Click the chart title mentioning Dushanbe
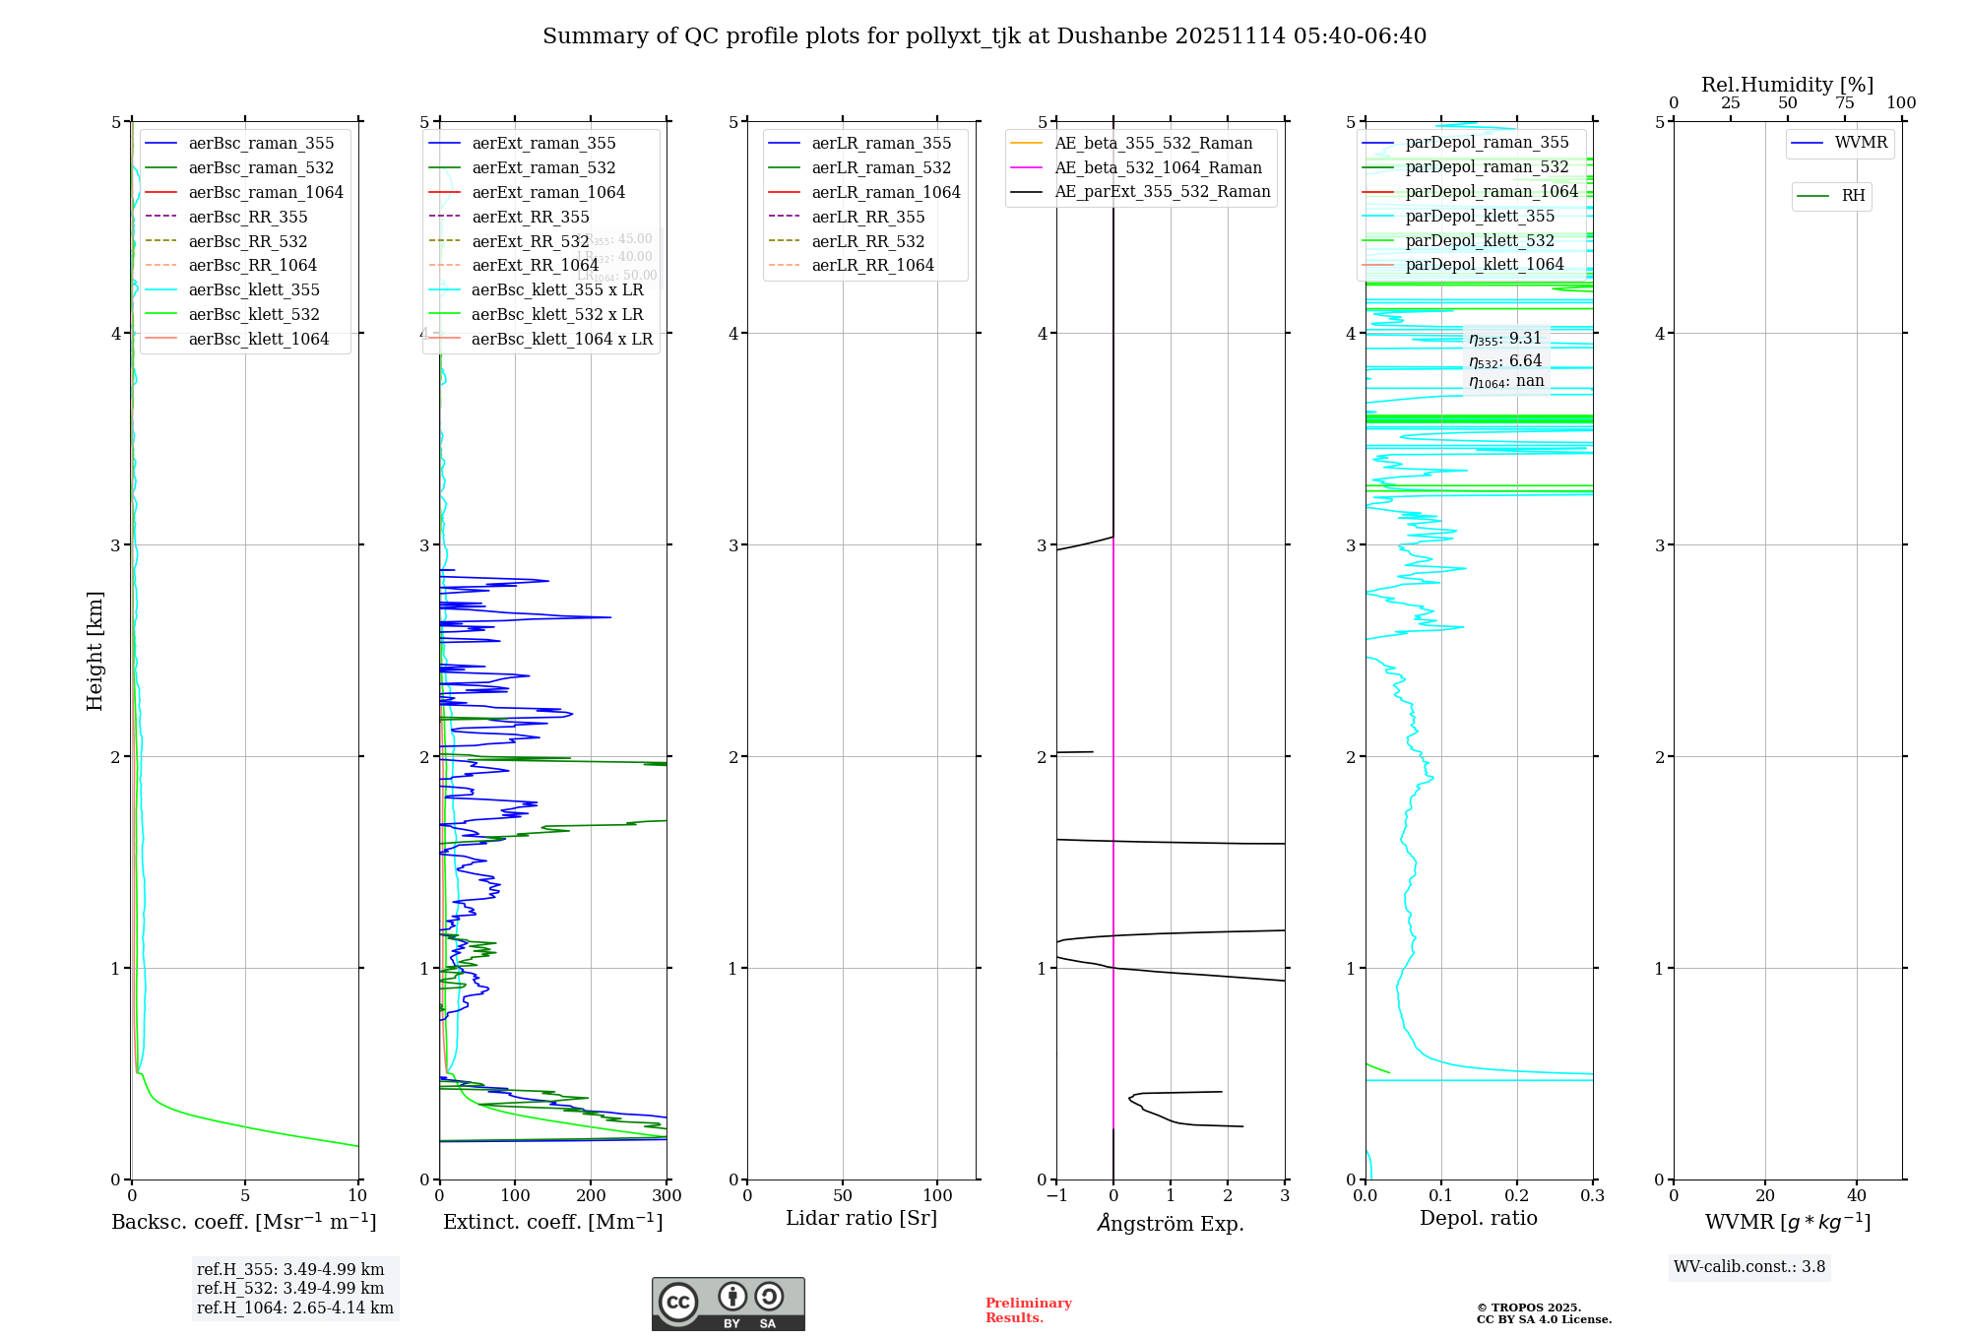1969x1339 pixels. (984, 36)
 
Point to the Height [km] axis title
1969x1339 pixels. (95, 650)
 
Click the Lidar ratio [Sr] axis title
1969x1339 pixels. (861, 1218)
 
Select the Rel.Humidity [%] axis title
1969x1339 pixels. (1787, 85)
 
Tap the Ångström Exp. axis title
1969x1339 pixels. (1171, 1223)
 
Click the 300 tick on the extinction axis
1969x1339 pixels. (667, 1196)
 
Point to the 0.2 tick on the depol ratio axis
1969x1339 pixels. (1517, 1196)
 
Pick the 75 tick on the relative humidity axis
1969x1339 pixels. (1845, 103)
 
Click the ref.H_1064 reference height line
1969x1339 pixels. (294, 1307)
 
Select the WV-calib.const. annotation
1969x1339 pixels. (1749, 1266)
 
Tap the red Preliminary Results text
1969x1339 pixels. (1028, 1309)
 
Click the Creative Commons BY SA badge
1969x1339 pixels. (728, 1304)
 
